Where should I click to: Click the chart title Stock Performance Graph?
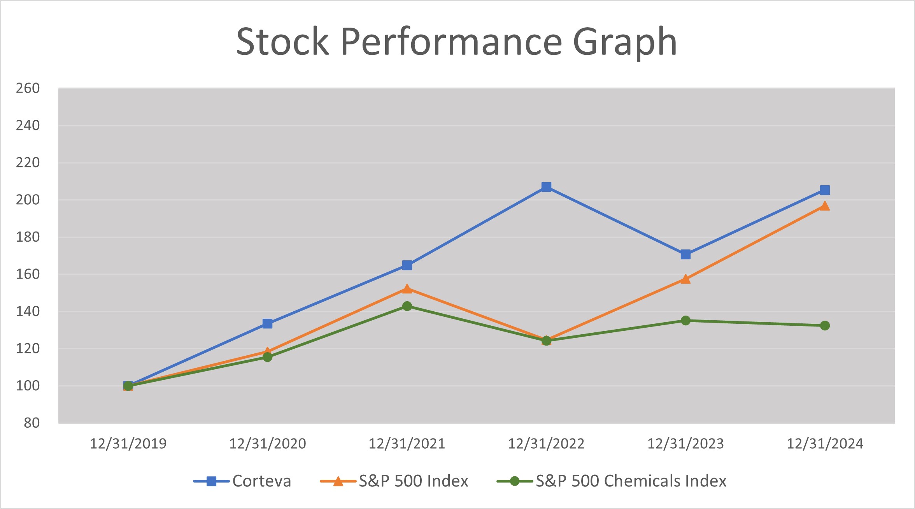(457, 41)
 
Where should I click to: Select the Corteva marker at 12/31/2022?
(546, 187)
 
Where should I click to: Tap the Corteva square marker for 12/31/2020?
(267, 324)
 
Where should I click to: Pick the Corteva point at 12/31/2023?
(685, 254)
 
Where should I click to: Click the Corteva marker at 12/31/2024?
(825, 190)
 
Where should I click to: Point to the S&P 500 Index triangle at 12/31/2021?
(407, 289)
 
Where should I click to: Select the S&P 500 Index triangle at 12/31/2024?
(825, 206)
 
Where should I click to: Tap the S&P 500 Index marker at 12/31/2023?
(685, 279)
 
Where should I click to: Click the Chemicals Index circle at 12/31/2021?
(407, 306)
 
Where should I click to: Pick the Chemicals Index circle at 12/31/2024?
(825, 326)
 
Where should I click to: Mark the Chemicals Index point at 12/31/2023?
(685, 321)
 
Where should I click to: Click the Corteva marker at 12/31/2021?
(407, 265)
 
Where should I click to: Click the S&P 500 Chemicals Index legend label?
(631, 481)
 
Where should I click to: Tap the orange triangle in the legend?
(338, 481)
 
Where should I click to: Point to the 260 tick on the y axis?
(28, 88)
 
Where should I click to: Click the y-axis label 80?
(32, 423)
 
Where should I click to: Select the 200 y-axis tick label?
(28, 200)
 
